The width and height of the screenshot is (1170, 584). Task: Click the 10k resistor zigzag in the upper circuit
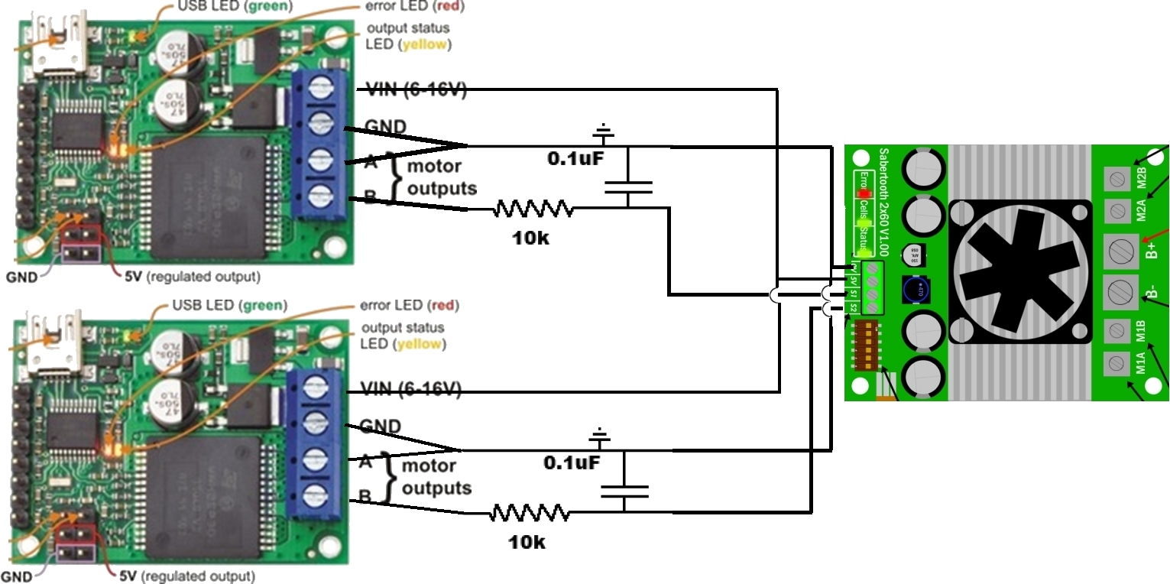point(533,209)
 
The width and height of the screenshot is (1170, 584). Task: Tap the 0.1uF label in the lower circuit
point(572,462)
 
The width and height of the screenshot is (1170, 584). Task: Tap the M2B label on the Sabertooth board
point(1142,177)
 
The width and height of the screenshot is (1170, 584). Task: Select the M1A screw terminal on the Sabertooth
point(1117,362)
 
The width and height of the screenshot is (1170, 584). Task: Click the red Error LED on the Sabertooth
point(864,193)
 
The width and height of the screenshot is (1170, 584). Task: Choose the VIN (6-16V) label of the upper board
point(416,89)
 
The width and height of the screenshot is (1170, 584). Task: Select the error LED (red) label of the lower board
point(410,306)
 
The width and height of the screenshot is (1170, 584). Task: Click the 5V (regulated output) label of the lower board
point(186,576)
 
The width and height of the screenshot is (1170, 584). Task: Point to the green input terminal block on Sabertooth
point(871,287)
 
